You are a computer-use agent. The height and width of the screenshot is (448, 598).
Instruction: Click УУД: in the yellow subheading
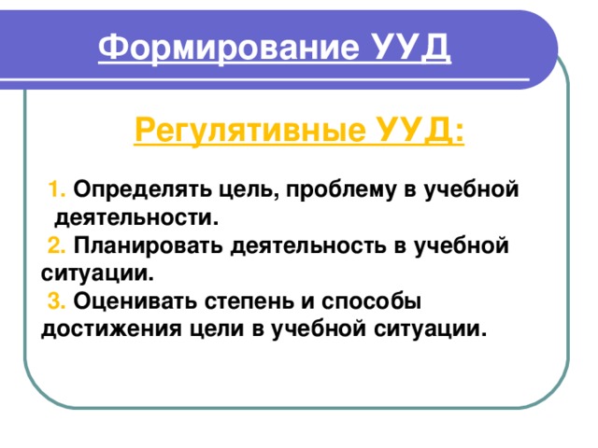click(x=420, y=128)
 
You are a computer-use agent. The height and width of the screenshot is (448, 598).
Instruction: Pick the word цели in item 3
click(x=206, y=330)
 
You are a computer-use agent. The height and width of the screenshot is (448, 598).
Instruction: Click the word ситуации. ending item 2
click(x=96, y=274)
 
